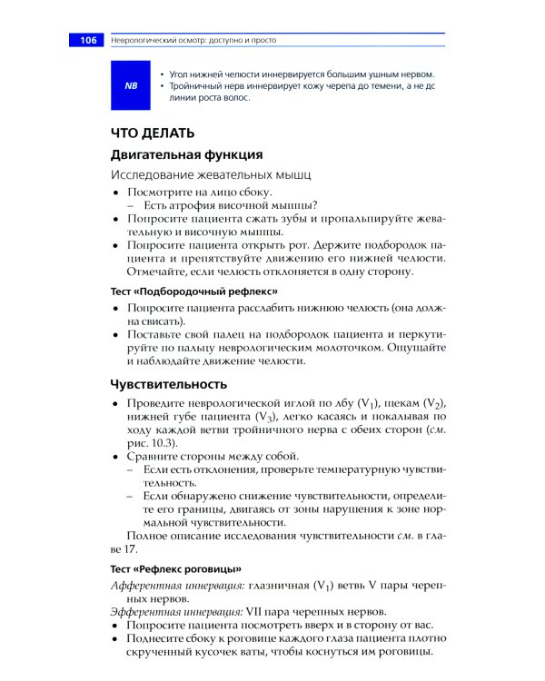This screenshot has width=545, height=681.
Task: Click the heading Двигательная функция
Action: (186, 154)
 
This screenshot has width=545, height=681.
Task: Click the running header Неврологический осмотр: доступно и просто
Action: (193, 41)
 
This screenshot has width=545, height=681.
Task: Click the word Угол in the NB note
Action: (179, 74)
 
